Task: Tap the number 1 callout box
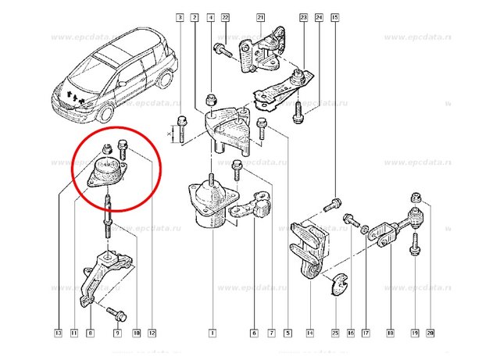pyautogui.click(x=211, y=333)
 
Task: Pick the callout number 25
pyautogui.click(x=335, y=333)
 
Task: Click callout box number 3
pyautogui.click(x=180, y=16)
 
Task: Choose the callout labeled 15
pyautogui.click(x=335, y=16)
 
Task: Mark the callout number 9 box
pyautogui.click(x=118, y=333)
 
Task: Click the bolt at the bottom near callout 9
pyautogui.click(x=117, y=314)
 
